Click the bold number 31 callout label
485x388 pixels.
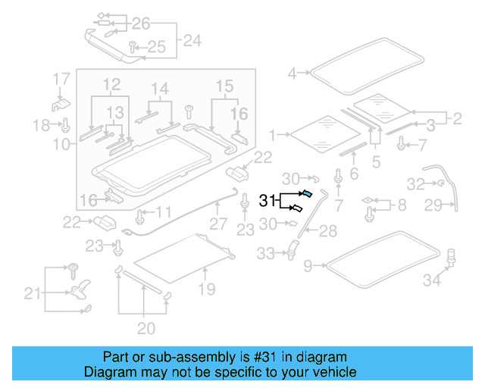(x=267, y=201)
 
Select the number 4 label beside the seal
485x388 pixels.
(x=293, y=74)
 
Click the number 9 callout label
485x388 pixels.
(x=308, y=266)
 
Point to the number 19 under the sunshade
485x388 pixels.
(x=206, y=289)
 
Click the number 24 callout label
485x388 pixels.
(x=192, y=39)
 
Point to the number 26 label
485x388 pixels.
(x=141, y=23)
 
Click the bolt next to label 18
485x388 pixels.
(x=66, y=124)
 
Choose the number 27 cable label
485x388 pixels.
(x=218, y=224)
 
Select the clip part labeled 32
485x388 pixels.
(x=438, y=183)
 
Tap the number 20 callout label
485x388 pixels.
(x=145, y=328)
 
